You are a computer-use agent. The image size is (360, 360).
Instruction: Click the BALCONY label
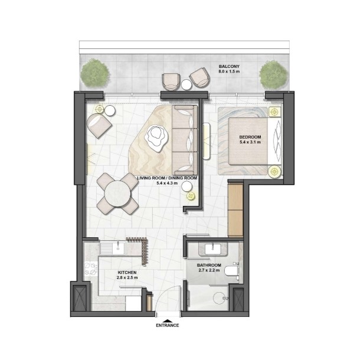[229, 66]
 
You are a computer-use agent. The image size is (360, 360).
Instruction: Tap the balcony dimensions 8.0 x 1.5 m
[229, 71]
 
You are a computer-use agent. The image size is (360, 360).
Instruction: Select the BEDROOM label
[250, 137]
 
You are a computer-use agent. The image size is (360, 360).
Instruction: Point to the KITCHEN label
[127, 273]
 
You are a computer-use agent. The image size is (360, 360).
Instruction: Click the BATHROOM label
[209, 266]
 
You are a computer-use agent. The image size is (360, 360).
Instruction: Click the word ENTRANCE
[168, 325]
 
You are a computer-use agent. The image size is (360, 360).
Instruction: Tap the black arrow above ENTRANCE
[168, 320]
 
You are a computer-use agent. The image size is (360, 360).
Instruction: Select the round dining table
[117, 194]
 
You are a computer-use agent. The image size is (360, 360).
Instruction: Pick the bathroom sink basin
[213, 249]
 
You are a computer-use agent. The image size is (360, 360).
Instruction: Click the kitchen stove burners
[90, 269]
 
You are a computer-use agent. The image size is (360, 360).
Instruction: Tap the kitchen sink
[118, 248]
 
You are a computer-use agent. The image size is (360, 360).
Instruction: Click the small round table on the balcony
[186, 85]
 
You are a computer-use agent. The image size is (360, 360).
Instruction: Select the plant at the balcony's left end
[94, 73]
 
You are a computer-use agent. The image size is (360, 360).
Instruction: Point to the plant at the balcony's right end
[273, 75]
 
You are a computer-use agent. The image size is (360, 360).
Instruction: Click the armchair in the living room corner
[99, 126]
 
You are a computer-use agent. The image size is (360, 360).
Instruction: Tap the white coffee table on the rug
[156, 138]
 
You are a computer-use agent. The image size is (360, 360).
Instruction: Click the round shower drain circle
[220, 298]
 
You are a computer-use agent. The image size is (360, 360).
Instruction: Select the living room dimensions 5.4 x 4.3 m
[167, 183]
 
